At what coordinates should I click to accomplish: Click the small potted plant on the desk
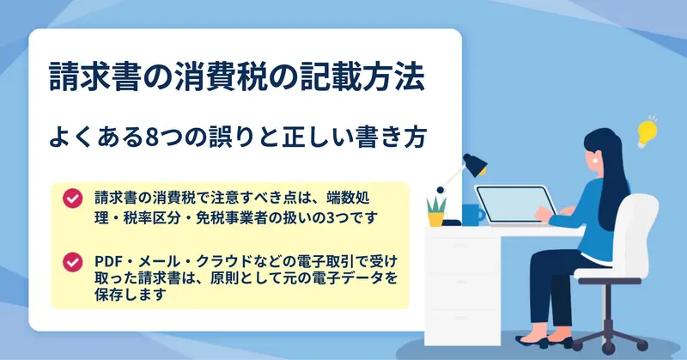(436, 212)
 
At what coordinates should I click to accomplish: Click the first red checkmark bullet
(72, 198)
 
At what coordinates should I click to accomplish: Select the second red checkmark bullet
(72, 263)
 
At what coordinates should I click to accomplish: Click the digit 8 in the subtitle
(152, 137)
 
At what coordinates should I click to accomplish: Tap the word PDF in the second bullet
(106, 262)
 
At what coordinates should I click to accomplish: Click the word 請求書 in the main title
(88, 77)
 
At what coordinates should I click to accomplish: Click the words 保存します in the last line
(131, 295)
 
